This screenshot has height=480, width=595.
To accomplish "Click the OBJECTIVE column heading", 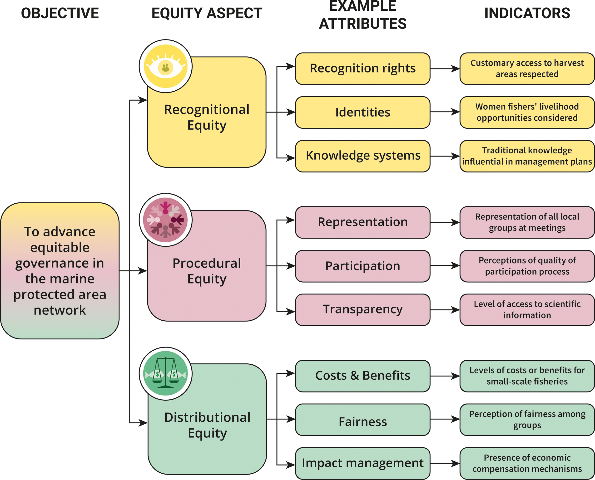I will pyautogui.click(x=60, y=13).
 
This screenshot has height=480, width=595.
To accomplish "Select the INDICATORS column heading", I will pyautogui.click(x=527, y=13).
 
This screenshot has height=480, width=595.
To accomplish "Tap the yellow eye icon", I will pyautogui.click(x=165, y=66).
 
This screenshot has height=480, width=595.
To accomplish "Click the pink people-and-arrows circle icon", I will pyautogui.click(x=165, y=220).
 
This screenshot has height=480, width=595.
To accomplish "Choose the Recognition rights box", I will pyautogui.click(x=362, y=69).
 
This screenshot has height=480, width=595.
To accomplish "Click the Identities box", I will pyautogui.click(x=362, y=112).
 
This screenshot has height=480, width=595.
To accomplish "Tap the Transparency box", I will pyautogui.click(x=362, y=310).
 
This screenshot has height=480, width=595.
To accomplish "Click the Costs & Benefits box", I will pyautogui.click(x=362, y=376).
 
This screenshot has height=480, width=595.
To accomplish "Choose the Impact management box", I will pyautogui.click(x=362, y=463).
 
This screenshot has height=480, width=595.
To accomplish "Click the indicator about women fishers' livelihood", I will pyautogui.click(x=527, y=112).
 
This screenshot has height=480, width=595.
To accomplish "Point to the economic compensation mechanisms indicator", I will pyautogui.click(x=527, y=463).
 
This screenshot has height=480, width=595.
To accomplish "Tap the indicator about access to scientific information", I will pyautogui.click(x=527, y=310).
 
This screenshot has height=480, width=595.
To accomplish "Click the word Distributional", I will pyautogui.click(x=207, y=417).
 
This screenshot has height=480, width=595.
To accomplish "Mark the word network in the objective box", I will pyautogui.click(x=60, y=310).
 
